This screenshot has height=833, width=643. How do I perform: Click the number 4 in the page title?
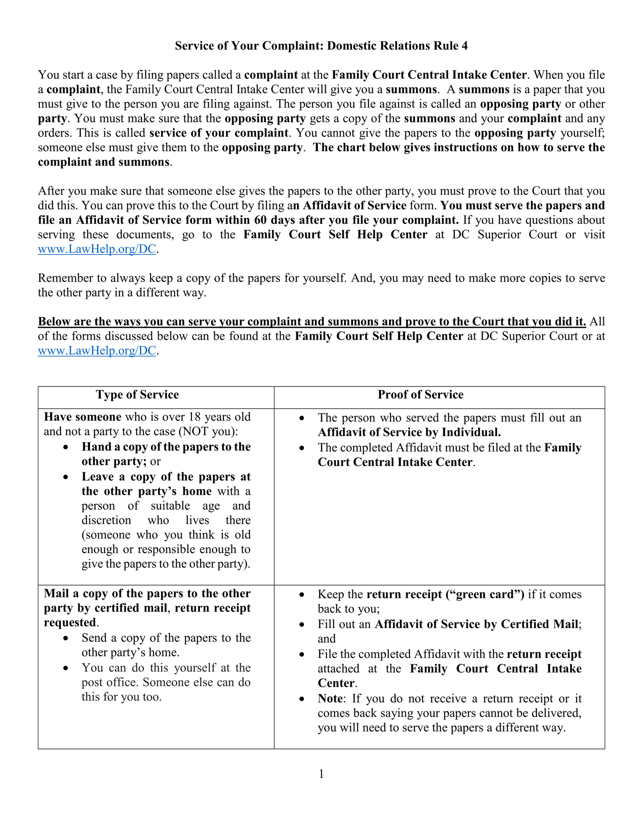pos(464,46)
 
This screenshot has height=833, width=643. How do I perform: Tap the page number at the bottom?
pos(321,774)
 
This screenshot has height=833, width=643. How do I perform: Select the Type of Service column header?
pos(137,395)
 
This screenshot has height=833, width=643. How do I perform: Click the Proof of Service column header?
pos(420,395)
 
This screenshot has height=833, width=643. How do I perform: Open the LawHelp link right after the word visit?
pos(97,249)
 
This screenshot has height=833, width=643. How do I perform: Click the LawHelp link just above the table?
pos(97,351)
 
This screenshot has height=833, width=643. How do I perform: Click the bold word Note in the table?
pos(331,698)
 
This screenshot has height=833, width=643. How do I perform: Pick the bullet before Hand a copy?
pos(65,447)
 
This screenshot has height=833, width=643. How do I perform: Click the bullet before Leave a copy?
pos(65,477)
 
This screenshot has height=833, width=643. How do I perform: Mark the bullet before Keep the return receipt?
pos(302,595)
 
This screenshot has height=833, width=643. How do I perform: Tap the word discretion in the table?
pos(106,521)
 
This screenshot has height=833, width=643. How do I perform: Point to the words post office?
pos(110,683)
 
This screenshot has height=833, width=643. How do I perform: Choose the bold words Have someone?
pos(82,417)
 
